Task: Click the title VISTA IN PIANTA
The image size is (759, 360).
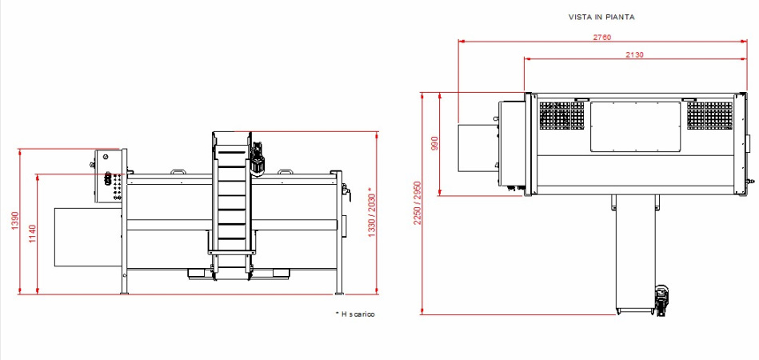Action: point(601,17)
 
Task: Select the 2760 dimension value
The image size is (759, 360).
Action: point(602,38)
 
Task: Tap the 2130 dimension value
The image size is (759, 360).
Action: point(634,54)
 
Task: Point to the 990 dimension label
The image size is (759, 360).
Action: point(434,144)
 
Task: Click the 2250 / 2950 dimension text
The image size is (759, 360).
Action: point(417,203)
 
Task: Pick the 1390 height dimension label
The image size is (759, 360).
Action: point(14,221)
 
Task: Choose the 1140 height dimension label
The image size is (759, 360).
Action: point(33,234)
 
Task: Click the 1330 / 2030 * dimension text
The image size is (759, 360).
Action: point(371,212)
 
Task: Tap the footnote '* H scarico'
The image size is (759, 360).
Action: point(355,314)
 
